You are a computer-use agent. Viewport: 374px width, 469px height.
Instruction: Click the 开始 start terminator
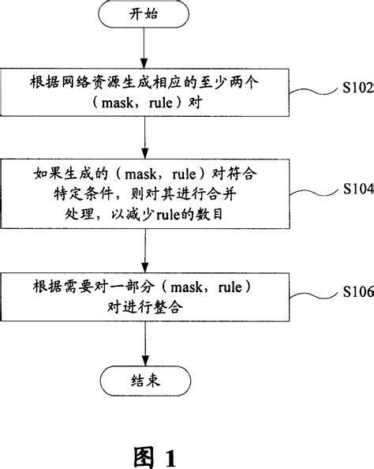point(143,16)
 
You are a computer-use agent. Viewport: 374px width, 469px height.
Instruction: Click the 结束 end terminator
point(143,377)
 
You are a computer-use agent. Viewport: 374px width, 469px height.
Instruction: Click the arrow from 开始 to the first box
point(143,49)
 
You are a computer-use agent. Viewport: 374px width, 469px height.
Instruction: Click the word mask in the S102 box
point(129,107)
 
